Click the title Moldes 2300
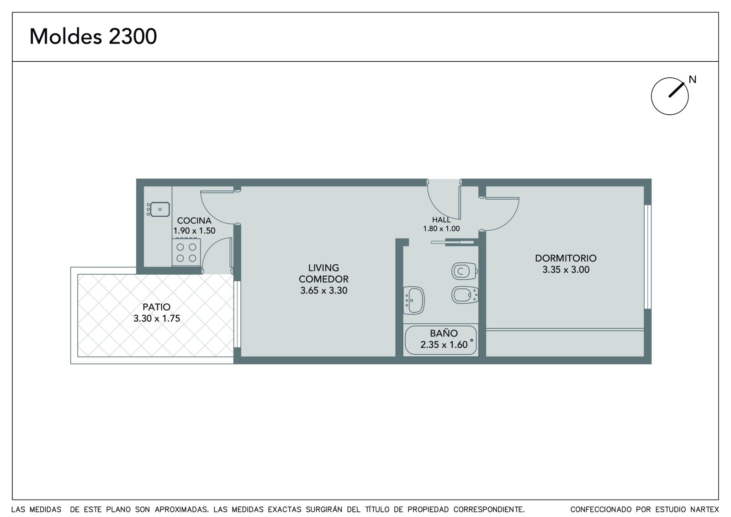coord(93,36)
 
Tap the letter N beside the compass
coord(693,80)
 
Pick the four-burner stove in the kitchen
coord(186,252)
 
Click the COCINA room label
coord(194,220)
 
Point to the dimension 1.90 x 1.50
coord(194,230)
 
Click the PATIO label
coord(157,307)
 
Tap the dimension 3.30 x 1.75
coord(157,319)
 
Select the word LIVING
coord(324,268)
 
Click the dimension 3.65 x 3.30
coord(324,290)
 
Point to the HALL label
coord(441,219)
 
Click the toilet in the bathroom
coord(465,271)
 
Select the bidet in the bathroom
coord(465,295)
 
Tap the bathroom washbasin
coord(414,300)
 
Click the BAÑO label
coord(444,333)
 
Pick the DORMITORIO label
coord(566,258)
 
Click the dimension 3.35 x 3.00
coord(566,270)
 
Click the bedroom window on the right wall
coord(648,257)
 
